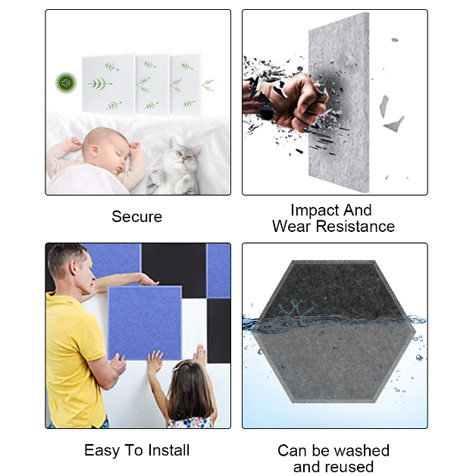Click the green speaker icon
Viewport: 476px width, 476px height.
click(66, 83)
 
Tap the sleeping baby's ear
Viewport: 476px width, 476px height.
click(95, 151)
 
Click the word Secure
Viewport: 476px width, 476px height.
click(136, 217)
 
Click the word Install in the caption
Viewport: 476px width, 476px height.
click(168, 450)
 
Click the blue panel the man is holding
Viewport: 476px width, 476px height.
click(145, 323)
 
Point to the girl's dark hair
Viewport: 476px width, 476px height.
click(189, 392)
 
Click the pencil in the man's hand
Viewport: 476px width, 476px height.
click(122, 358)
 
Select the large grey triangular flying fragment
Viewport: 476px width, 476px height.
click(394, 124)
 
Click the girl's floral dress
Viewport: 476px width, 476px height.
click(190, 423)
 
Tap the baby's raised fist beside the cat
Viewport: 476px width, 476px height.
click(134, 147)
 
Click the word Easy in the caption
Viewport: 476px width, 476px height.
click(102, 451)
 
